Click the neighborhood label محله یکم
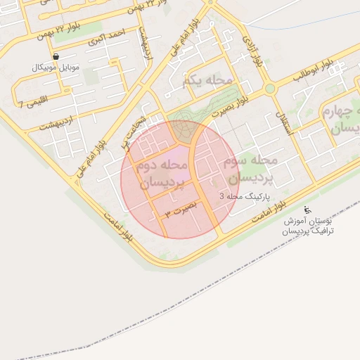[207, 82]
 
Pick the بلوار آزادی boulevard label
[254, 50]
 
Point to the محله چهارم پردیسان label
[342, 120]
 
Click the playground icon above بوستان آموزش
[306, 210]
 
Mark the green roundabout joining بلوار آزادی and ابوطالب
[269, 89]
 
